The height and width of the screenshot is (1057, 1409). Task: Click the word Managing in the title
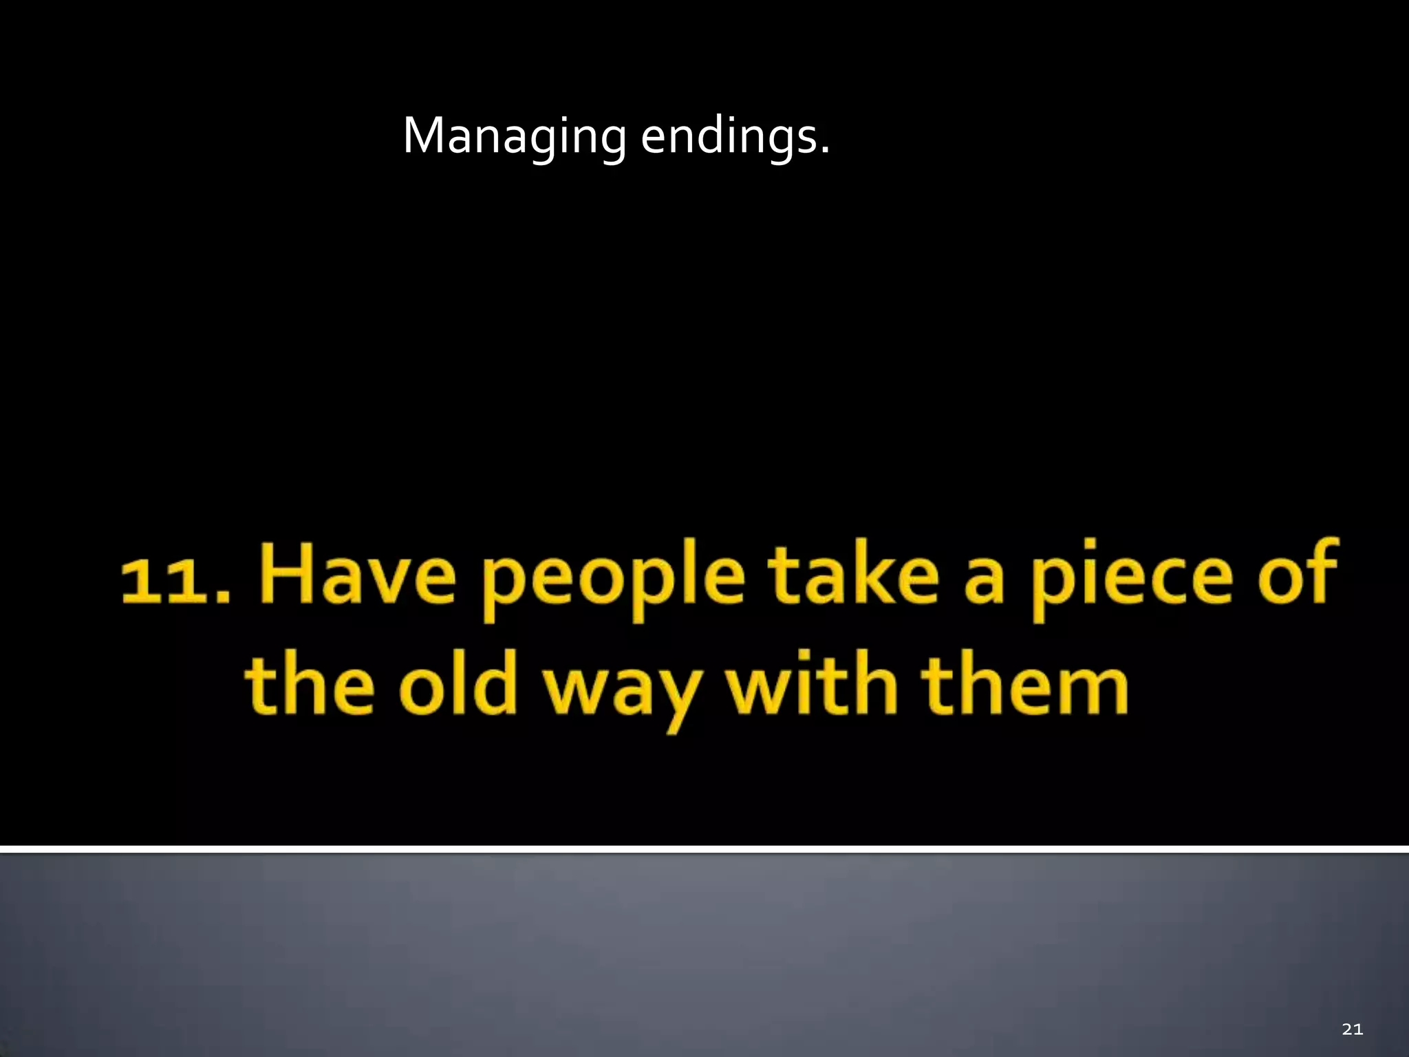514,137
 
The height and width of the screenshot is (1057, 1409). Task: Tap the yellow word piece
1131,582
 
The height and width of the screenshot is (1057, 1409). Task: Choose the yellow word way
623,692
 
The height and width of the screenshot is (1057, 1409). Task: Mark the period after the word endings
825,151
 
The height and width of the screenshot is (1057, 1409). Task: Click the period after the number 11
222,597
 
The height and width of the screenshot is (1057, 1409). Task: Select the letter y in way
677,698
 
